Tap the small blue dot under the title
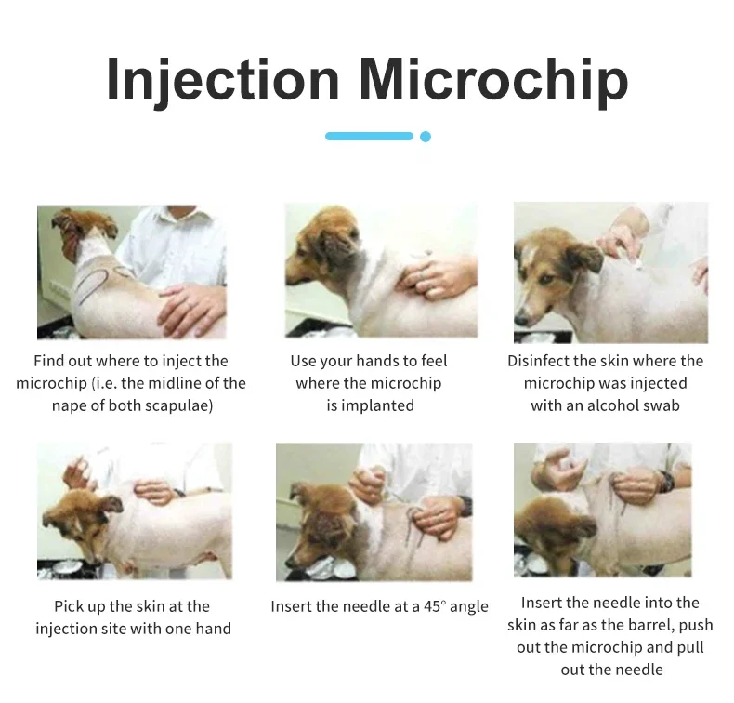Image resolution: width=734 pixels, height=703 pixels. tap(426, 137)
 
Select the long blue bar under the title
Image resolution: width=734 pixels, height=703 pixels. tap(370, 137)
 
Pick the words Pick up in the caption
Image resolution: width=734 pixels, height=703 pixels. tap(80, 607)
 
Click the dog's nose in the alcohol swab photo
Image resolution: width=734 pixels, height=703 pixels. tap(520, 320)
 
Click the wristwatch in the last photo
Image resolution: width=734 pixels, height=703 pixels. tap(666, 482)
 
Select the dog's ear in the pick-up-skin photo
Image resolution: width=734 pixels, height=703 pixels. tap(109, 505)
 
